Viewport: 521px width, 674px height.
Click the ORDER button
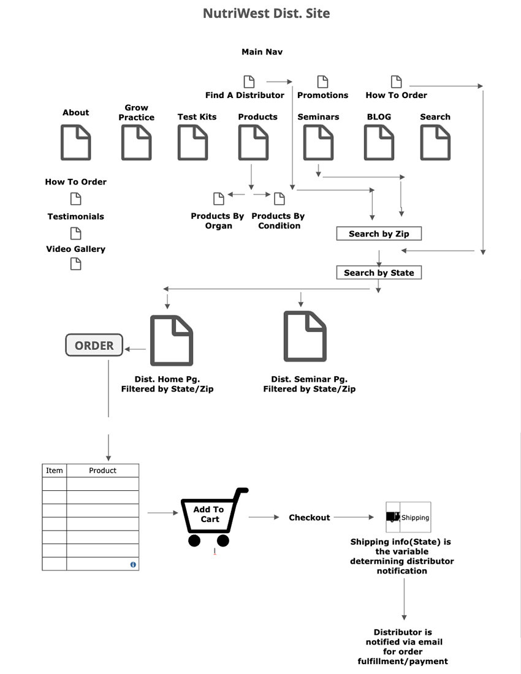click(x=94, y=346)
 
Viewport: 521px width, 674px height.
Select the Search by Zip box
click(x=379, y=233)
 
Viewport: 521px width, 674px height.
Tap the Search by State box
click(x=379, y=273)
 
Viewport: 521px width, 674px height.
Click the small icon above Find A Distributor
click(x=249, y=81)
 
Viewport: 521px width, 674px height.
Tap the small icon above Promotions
click(x=322, y=81)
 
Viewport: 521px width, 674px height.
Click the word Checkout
click(x=310, y=518)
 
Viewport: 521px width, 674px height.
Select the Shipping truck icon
click(x=393, y=517)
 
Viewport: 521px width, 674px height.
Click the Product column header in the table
click(x=102, y=471)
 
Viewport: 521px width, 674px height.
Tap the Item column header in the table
click(x=55, y=471)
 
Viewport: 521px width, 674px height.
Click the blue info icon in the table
click(x=133, y=564)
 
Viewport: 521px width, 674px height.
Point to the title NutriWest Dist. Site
click(x=267, y=13)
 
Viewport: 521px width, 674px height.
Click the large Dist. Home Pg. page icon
click(x=172, y=340)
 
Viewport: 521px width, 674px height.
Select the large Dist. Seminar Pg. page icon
click(x=305, y=336)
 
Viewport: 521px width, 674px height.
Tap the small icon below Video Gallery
click(x=75, y=264)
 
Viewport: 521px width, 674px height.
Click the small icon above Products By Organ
click(x=218, y=199)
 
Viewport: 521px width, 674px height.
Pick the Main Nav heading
click(x=262, y=52)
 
